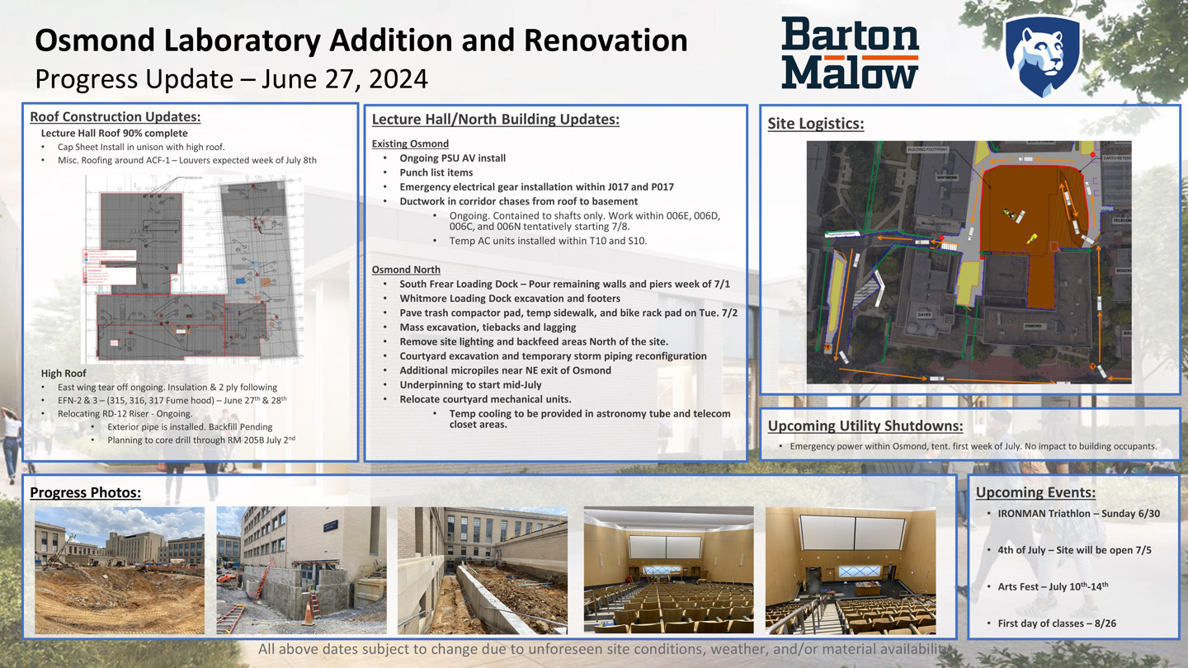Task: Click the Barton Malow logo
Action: click(x=850, y=53)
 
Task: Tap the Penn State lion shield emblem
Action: click(x=1042, y=55)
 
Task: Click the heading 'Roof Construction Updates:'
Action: click(x=115, y=117)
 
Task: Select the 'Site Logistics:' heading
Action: click(x=815, y=124)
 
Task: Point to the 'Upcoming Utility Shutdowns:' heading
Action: click(x=865, y=426)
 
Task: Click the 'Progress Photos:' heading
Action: click(x=85, y=493)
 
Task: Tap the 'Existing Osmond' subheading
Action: click(x=410, y=143)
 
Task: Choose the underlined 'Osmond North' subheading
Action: click(x=406, y=270)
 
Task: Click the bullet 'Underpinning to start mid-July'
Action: click(x=470, y=385)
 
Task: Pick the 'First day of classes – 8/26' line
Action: click(x=1056, y=623)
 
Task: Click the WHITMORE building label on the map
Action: click(x=946, y=176)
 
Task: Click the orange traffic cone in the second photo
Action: click(x=310, y=611)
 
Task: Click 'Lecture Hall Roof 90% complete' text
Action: click(x=114, y=134)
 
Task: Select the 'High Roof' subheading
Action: click(x=64, y=374)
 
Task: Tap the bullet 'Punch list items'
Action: click(x=436, y=172)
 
